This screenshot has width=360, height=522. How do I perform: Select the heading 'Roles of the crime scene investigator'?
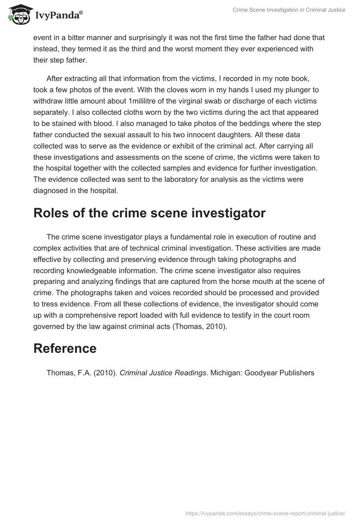149,214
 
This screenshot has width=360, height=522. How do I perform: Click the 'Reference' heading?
65,348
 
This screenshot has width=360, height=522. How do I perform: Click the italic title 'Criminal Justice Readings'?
162,373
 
